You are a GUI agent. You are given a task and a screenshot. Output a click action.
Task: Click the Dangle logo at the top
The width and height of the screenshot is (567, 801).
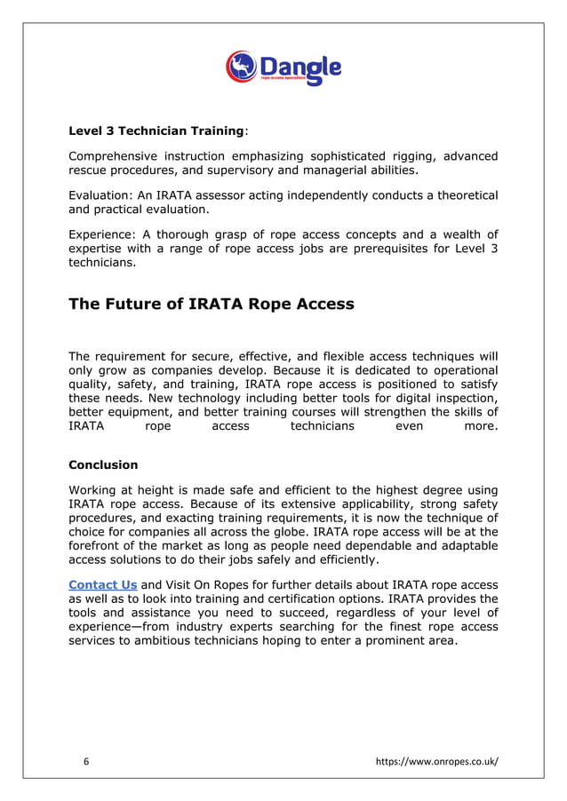click(283, 68)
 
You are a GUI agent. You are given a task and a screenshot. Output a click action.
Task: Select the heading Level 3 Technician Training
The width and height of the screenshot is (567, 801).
click(156, 131)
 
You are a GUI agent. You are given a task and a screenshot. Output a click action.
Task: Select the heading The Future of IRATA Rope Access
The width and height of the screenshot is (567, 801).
click(212, 305)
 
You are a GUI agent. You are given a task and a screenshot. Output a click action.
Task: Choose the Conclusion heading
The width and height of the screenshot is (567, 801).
click(103, 464)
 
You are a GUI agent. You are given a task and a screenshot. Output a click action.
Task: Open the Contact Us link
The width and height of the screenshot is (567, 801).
click(103, 584)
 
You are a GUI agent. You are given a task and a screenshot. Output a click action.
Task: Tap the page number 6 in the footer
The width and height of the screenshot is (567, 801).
click(86, 761)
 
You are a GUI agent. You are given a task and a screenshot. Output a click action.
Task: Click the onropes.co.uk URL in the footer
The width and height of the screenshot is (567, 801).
click(437, 761)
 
